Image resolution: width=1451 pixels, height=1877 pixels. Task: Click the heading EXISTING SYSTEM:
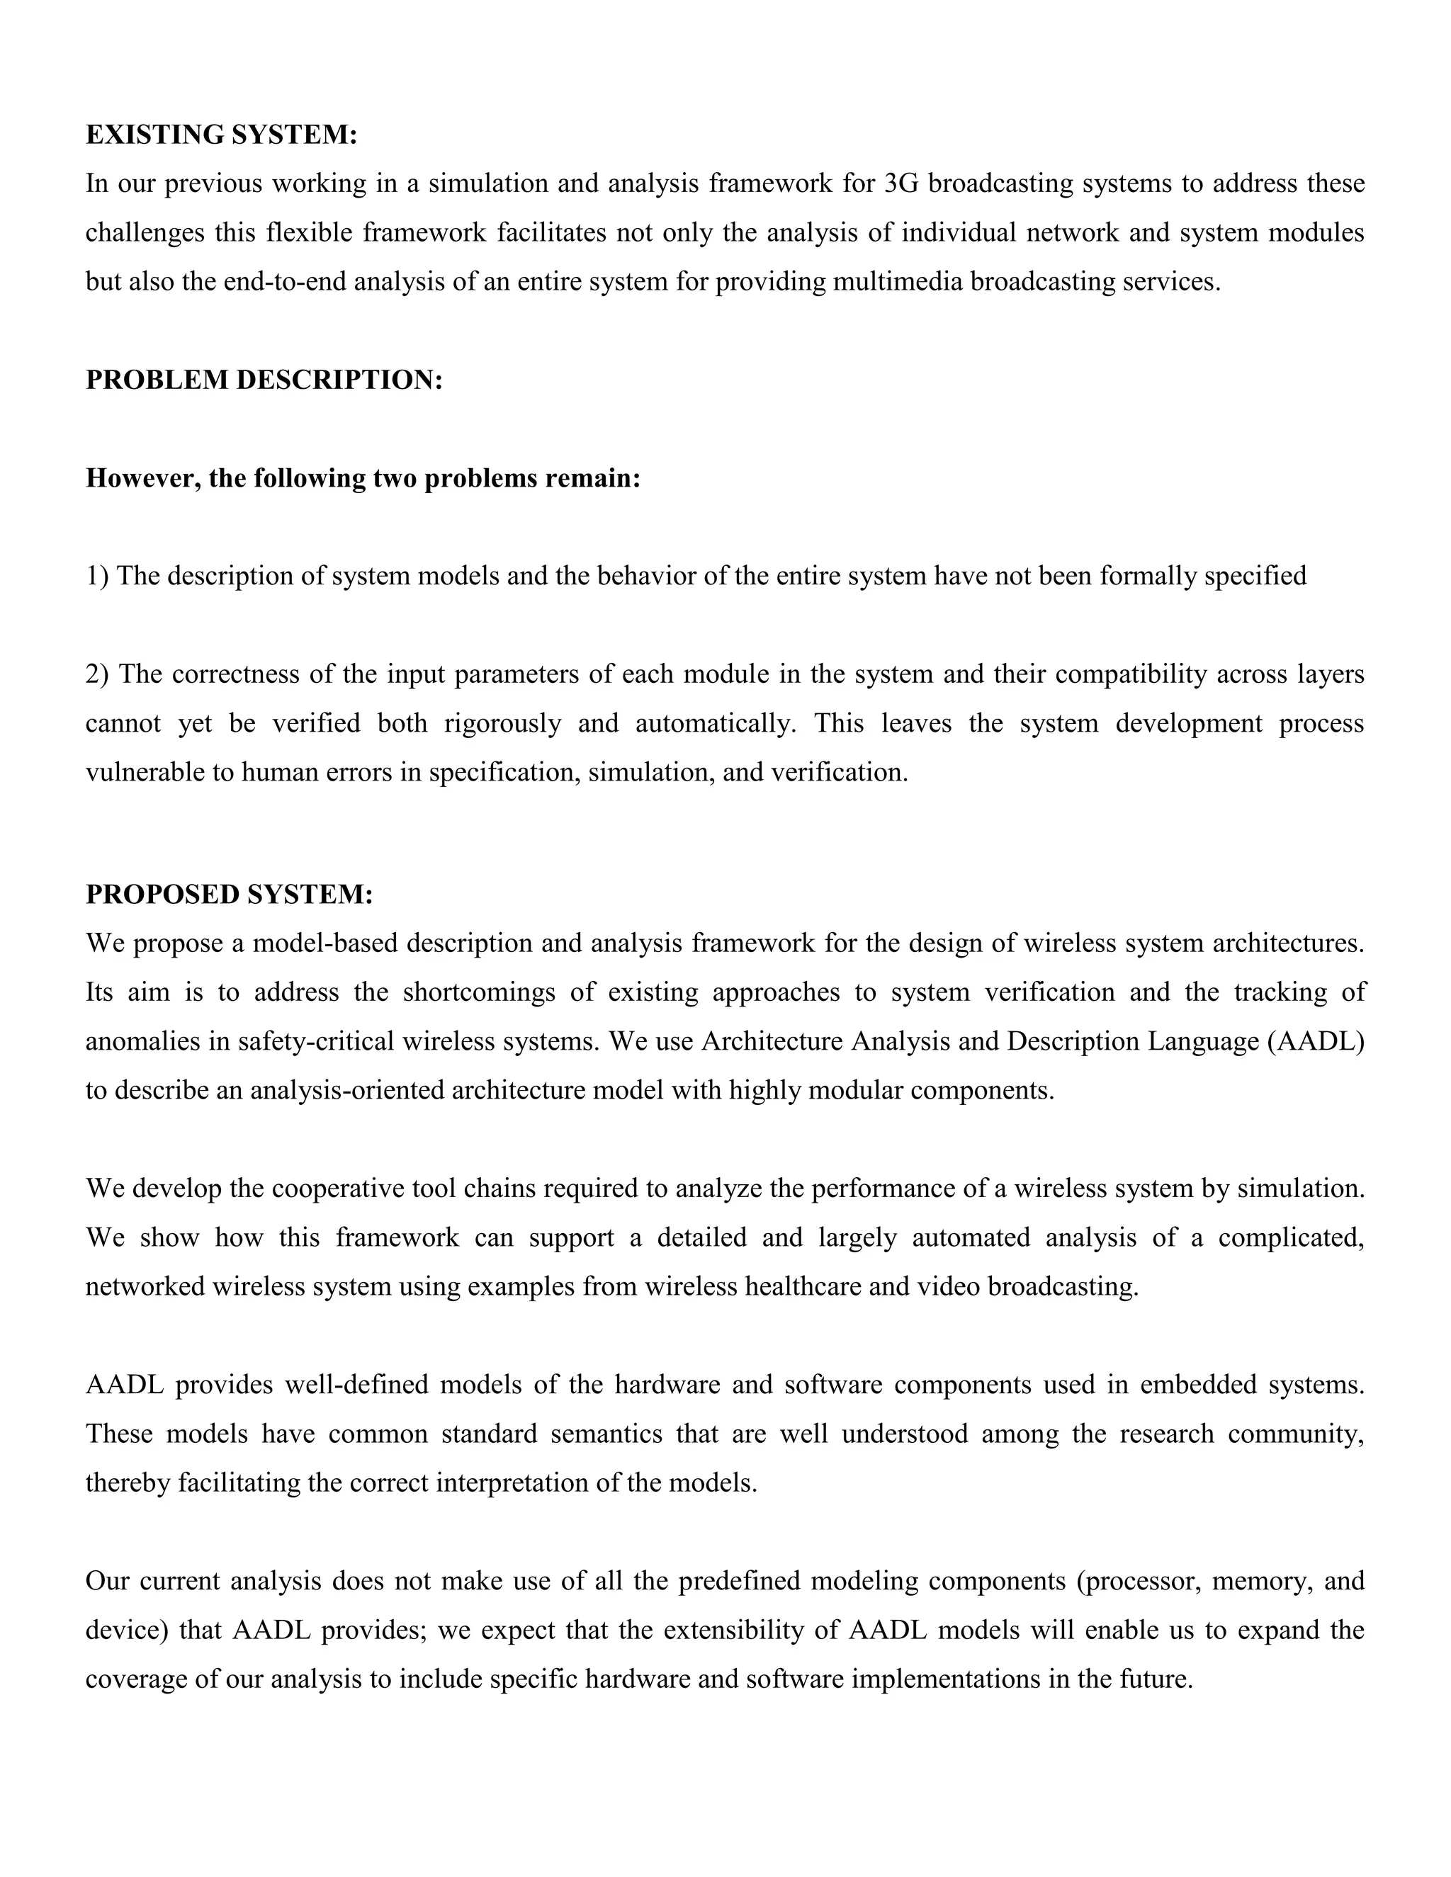(x=221, y=135)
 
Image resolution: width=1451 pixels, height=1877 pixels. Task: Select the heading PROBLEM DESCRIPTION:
(x=264, y=380)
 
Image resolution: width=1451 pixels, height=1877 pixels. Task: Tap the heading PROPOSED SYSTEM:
(x=229, y=895)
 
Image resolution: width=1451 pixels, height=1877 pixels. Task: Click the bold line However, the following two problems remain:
(x=363, y=478)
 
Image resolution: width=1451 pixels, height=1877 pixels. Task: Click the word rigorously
(x=502, y=724)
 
